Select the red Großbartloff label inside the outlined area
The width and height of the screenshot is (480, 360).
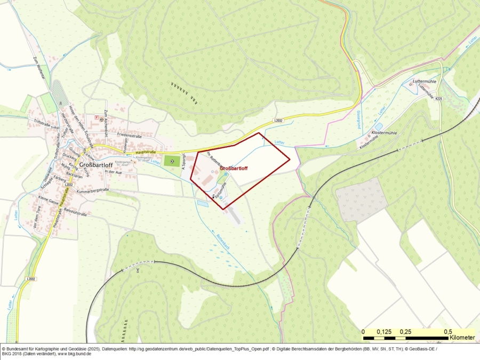click(x=234, y=169)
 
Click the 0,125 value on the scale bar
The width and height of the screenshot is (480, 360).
click(x=385, y=331)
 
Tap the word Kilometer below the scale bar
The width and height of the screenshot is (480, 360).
click(x=462, y=338)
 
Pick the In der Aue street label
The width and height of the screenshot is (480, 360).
click(x=114, y=172)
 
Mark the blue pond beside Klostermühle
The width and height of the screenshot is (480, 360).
click(x=379, y=127)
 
